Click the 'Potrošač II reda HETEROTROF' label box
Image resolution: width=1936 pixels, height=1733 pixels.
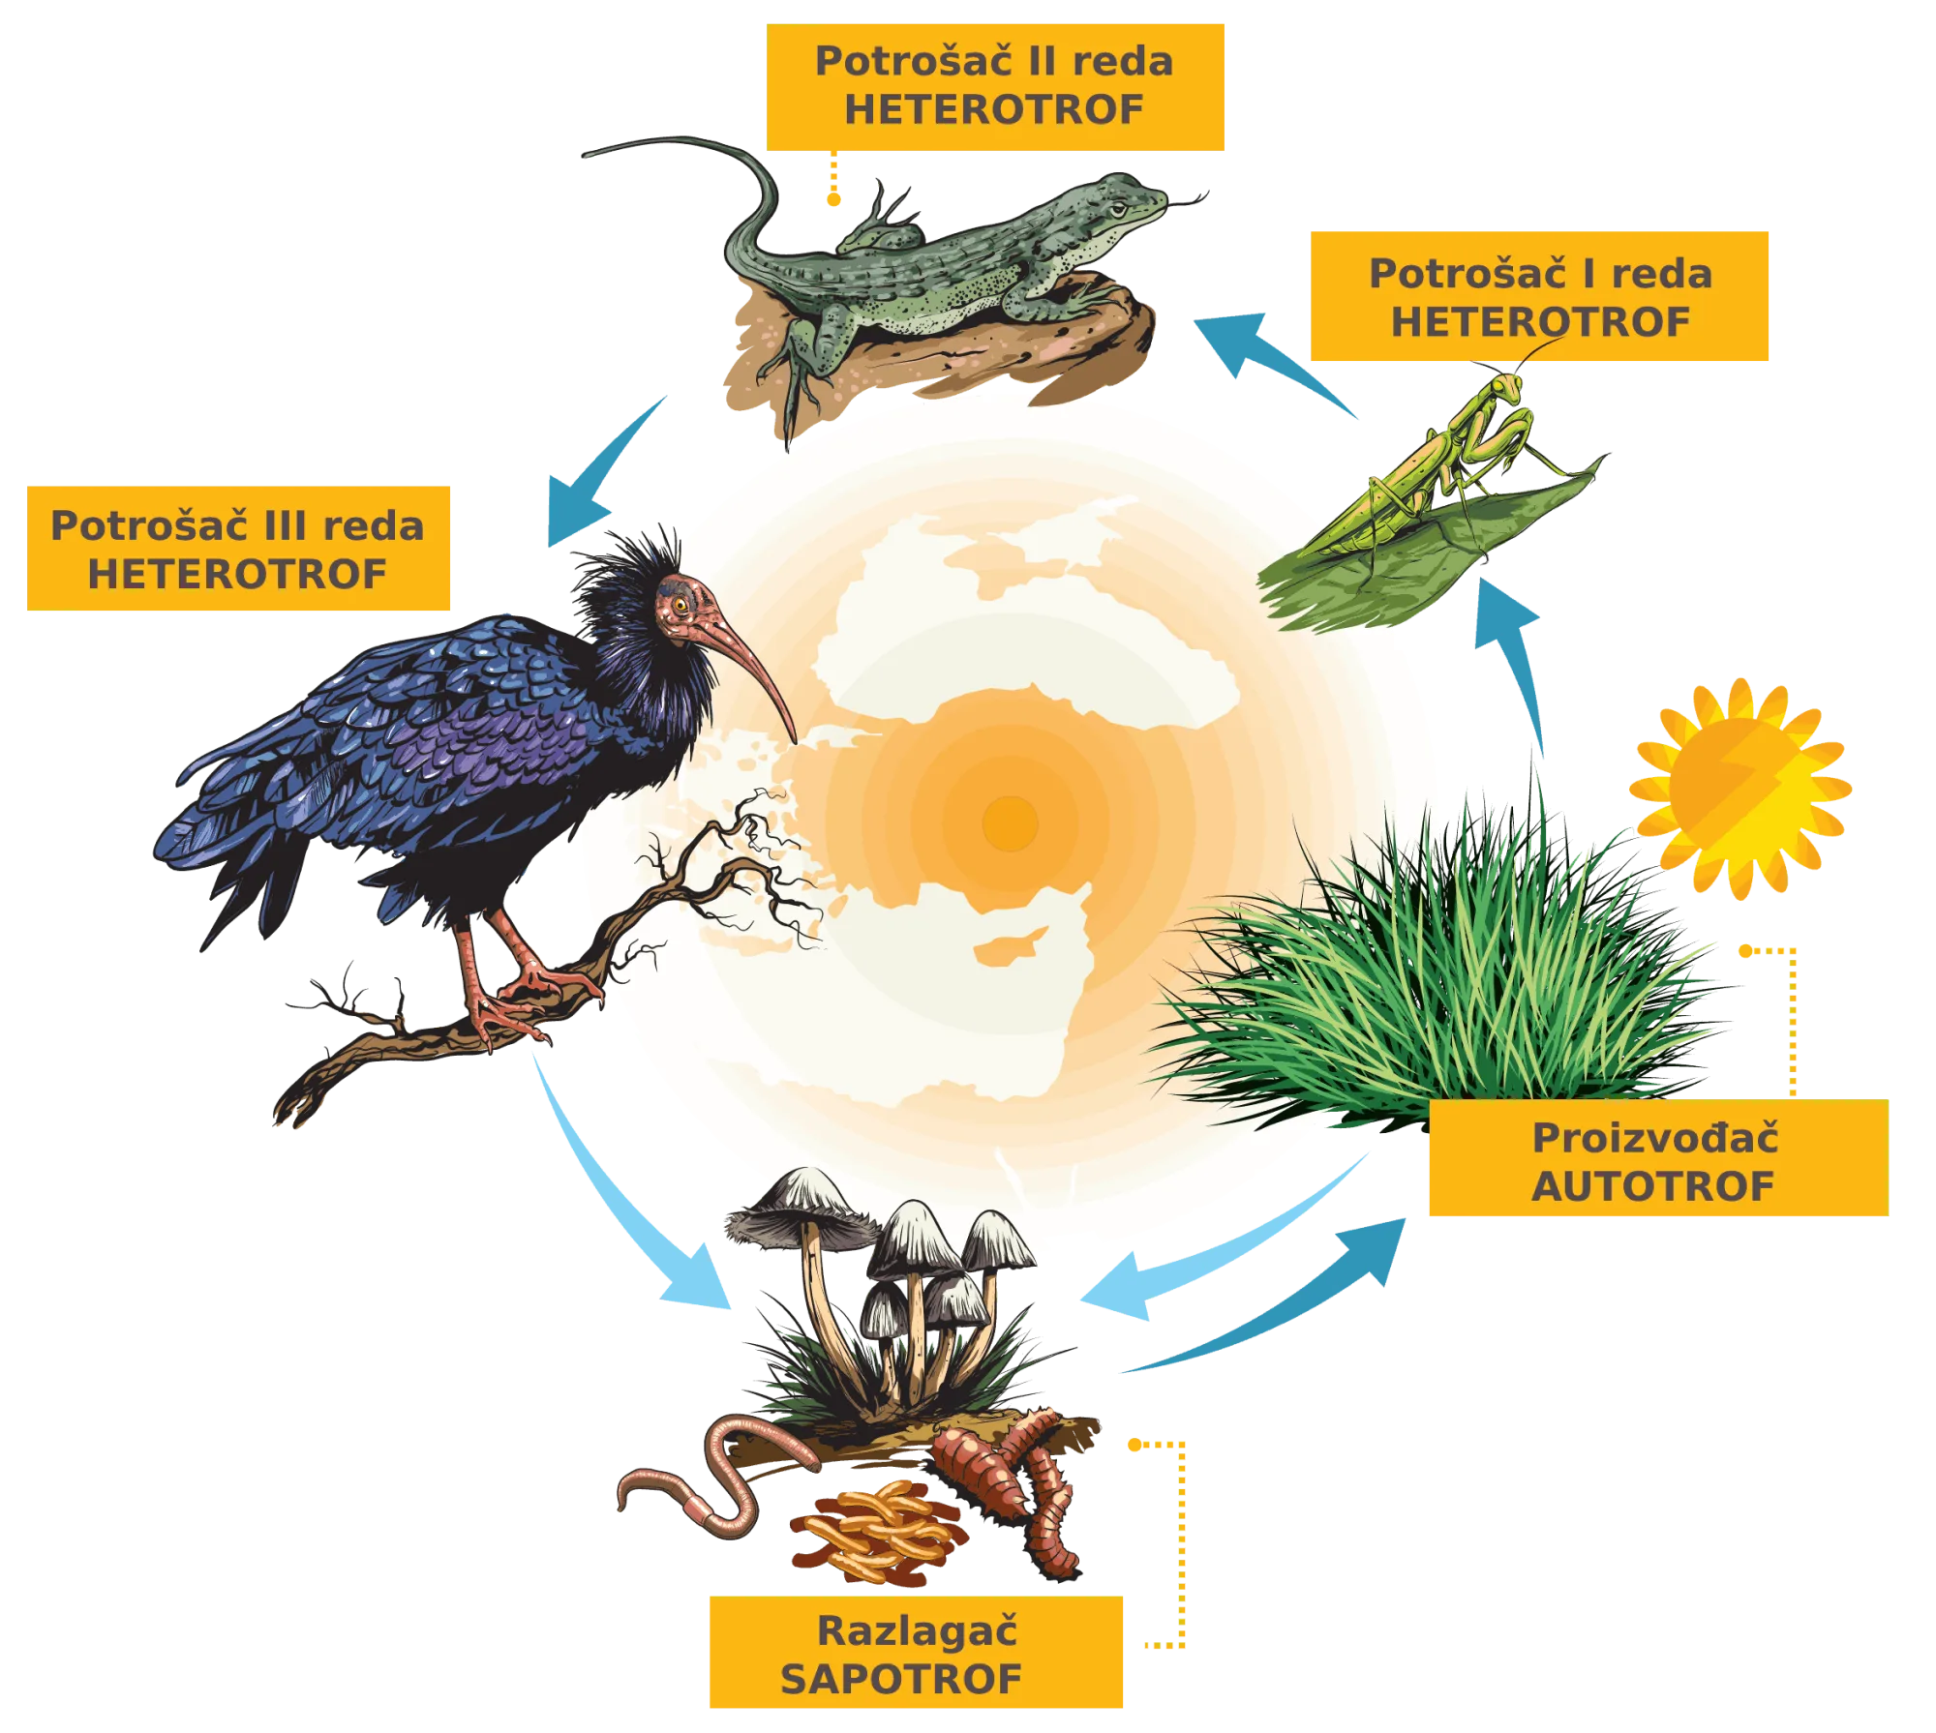(x=995, y=87)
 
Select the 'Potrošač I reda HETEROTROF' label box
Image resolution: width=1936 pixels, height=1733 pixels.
(x=1539, y=296)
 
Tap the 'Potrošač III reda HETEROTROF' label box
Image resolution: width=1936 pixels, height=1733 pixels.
(x=238, y=549)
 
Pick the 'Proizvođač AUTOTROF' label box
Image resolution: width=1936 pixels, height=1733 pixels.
(x=1658, y=1158)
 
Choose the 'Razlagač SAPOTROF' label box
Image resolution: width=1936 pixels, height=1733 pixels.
(x=916, y=1652)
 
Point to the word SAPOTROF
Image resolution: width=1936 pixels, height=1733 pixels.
(x=901, y=1680)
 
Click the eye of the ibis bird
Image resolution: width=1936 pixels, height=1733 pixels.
(x=681, y=605)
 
